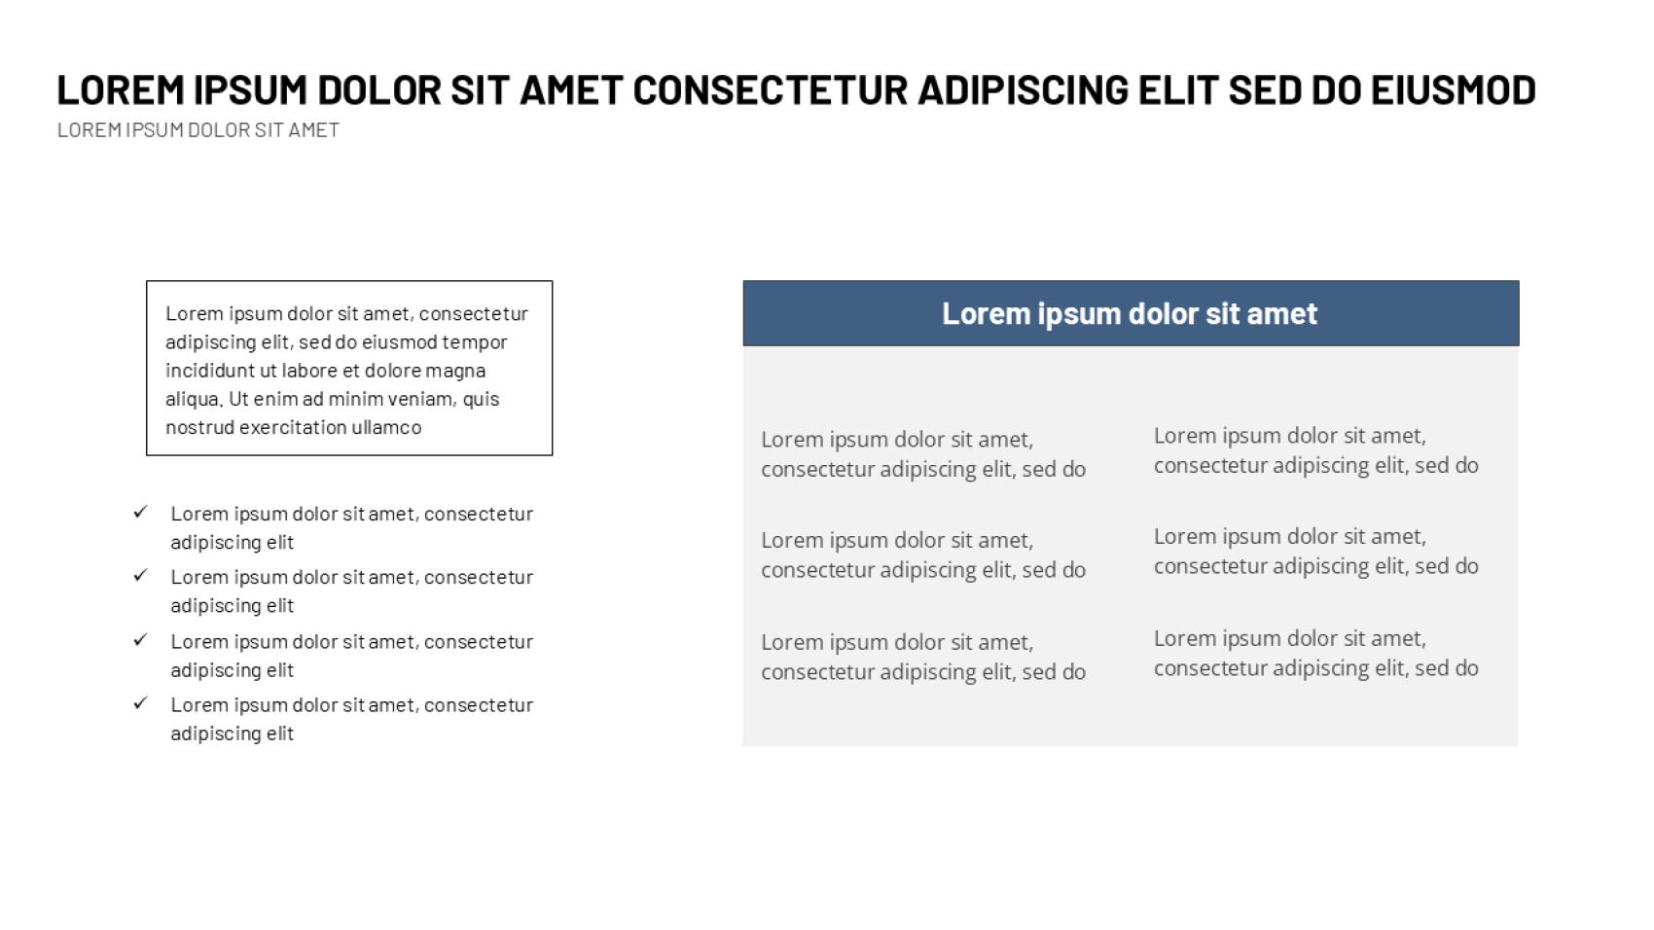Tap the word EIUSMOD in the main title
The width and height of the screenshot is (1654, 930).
point(1454,90)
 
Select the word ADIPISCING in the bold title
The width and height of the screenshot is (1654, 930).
point(1023,90)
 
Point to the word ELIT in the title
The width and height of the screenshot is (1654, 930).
point(1177,90)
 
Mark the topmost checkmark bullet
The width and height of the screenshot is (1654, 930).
point(140,513)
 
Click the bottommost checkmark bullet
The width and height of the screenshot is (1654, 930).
point(140,703)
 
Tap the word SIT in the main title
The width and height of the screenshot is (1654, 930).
point(480,90)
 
